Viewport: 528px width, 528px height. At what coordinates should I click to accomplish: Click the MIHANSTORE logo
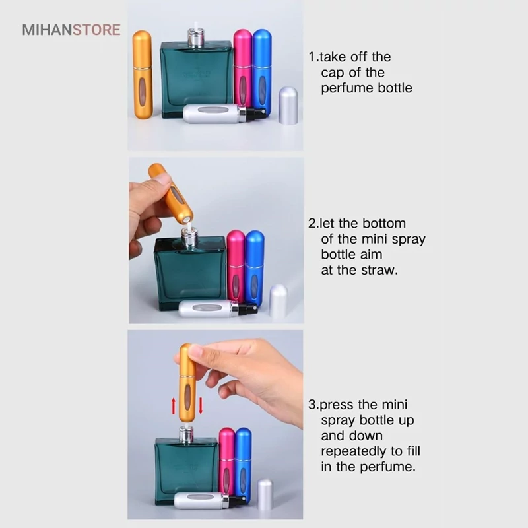(71, 30)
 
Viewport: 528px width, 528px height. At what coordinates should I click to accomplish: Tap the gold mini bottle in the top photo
(142, 75)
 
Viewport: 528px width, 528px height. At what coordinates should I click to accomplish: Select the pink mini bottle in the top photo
(242, 69)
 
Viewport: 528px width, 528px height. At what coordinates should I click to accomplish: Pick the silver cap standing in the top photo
(288, 106)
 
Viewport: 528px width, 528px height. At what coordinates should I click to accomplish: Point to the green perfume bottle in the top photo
(196, 79)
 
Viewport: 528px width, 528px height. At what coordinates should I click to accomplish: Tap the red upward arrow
(174, 406)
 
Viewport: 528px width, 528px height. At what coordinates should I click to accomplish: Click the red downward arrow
(201, 405)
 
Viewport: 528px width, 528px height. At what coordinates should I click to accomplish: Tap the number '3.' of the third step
(313, 405)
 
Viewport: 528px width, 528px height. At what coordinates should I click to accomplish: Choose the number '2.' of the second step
(313, 223)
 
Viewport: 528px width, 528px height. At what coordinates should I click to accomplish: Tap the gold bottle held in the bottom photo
(187, 383)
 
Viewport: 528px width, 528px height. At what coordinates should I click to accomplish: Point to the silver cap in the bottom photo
(265, 494)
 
